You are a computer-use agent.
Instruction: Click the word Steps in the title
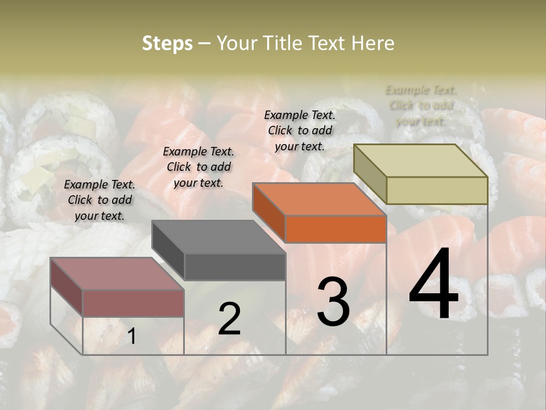pos(167,43)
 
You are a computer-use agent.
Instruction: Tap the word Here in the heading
pos(373,43)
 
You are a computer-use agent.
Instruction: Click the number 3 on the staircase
pos(333,302)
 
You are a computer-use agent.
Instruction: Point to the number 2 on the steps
pos(229,319)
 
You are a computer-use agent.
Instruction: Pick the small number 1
pos(131,337)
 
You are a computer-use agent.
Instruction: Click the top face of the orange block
pos(318,199)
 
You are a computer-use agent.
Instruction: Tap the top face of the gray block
pos(218,237)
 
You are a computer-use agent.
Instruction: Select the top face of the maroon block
pos(117,274)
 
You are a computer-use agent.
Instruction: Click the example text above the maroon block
pos(100,200)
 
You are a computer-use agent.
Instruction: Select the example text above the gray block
pos(198,167)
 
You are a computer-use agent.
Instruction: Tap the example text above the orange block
pos(300,130)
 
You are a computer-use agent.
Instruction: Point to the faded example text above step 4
pos(421,105)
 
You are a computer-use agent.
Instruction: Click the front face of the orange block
pos(336,229)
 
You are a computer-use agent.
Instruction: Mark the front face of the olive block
pos(437,190)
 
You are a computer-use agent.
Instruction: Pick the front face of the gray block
pos(235,266)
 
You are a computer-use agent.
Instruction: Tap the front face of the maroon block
pos(133,303)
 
